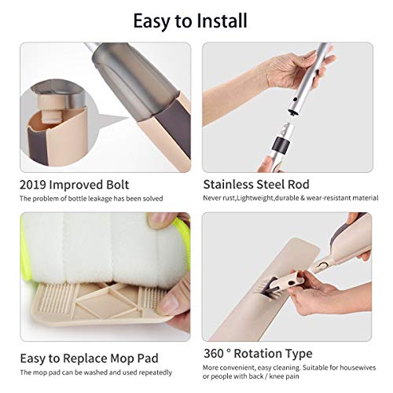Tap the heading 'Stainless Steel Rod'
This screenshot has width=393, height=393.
256,185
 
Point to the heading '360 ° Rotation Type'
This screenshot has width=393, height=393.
257,354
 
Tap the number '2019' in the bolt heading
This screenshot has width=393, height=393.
36,185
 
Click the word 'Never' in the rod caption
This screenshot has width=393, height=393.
213,198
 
